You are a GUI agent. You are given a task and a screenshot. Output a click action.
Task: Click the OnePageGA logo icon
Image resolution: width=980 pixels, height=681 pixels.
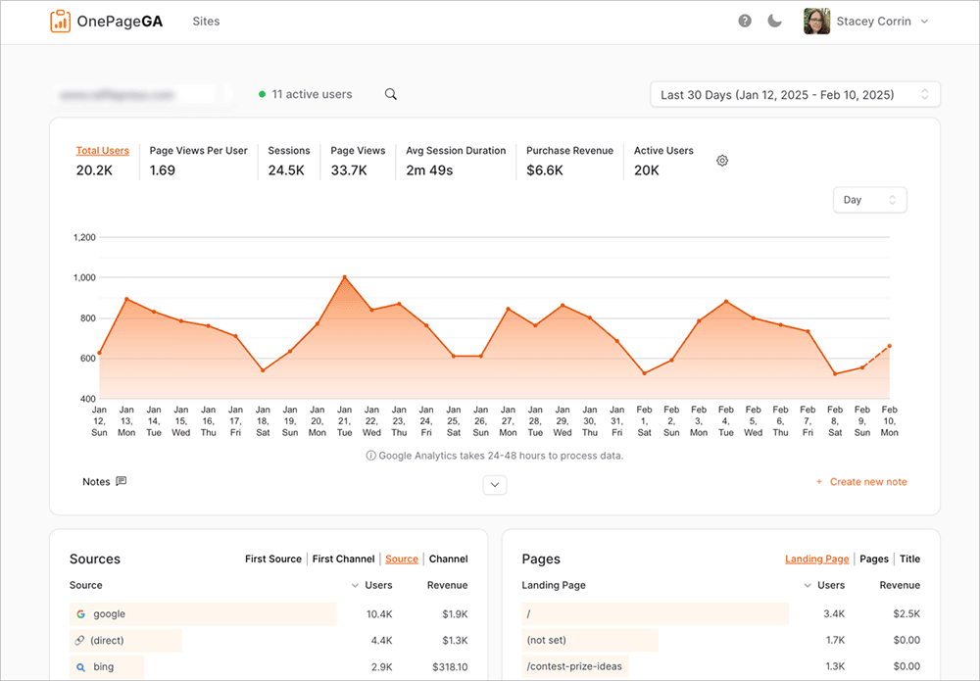coord(61,21)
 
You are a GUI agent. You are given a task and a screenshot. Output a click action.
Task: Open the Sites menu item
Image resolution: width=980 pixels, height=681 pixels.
coord(206,22)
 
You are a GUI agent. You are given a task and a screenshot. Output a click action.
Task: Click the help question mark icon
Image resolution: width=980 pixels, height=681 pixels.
coord(745,22)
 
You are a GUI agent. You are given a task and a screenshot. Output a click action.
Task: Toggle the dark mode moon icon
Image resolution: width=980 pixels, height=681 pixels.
coord(774,22)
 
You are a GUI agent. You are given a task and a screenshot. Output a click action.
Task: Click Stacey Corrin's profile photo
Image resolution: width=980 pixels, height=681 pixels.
coord(816,22)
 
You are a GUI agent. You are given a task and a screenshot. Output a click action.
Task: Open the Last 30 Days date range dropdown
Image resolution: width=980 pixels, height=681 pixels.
coord(795,95)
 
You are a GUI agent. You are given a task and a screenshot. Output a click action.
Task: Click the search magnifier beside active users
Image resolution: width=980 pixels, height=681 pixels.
coord(391,94)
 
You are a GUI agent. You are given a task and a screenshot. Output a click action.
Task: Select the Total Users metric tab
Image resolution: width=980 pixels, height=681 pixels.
coord(102,151)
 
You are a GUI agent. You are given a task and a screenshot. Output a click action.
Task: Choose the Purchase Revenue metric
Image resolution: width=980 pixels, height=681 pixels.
coord(569,151)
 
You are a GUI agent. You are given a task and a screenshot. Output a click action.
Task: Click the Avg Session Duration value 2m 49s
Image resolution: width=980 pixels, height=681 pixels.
coord(429,170)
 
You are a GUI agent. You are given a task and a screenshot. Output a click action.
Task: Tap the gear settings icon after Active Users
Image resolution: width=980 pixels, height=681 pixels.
coord(722,161)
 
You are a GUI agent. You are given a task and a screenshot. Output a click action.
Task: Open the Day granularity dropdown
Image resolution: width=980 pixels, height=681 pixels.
coord(869,200)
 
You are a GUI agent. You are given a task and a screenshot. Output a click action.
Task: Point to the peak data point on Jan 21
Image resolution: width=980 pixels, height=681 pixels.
coord(344,277)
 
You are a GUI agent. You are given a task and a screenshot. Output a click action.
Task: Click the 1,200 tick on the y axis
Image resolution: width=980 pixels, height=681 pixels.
coord(83,237)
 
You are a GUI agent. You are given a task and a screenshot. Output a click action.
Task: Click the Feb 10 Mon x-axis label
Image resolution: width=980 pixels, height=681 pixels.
coord(889,420)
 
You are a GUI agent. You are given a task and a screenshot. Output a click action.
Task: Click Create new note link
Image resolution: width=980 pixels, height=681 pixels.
coord(867,482)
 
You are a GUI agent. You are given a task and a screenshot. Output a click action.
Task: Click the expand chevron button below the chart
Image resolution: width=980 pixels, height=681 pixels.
coord(495,484)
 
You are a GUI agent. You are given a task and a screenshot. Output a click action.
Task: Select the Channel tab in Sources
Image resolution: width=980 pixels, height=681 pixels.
coord(448,559)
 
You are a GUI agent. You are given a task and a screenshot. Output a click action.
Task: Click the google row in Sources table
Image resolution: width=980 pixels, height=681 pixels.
coord(109,614)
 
